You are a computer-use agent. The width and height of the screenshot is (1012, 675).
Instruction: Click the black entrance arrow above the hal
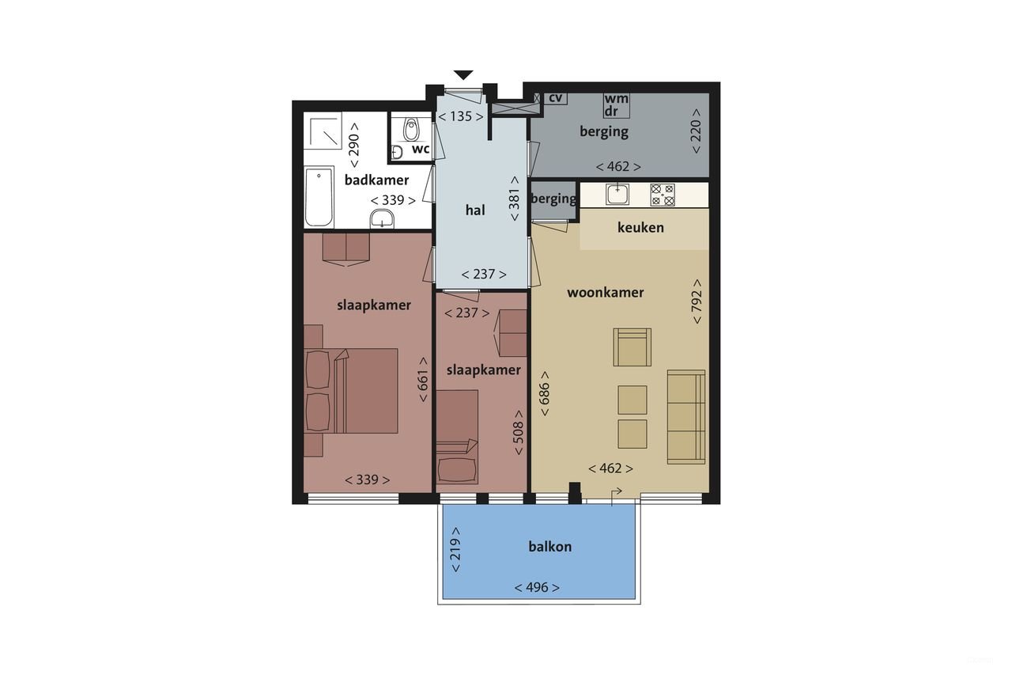[463, 75]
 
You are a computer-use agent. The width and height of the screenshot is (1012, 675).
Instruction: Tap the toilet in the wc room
[410, 128]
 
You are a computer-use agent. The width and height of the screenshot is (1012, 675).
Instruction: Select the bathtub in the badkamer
[318, 195]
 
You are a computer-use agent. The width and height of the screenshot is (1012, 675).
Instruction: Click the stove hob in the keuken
[662, 195]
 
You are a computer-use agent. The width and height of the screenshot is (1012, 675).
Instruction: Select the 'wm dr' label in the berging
[617, 105]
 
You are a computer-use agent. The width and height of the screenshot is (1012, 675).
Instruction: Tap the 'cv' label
[556, 98]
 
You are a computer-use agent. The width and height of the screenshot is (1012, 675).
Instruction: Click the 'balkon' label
[549, 546]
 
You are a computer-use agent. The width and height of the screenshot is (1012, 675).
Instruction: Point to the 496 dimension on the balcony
[537, 587]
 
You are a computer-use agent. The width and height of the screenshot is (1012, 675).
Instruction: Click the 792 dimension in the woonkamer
[697, 301]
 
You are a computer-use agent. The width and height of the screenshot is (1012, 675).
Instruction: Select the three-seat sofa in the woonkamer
[685, 416]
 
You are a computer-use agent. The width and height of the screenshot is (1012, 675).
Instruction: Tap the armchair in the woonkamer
[632, 347]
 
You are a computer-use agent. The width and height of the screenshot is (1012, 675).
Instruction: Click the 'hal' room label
[474, 210]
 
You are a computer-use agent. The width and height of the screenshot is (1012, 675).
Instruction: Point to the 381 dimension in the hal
[515, 199]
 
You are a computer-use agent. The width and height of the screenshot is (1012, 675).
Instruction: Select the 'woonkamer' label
[605, 292]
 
